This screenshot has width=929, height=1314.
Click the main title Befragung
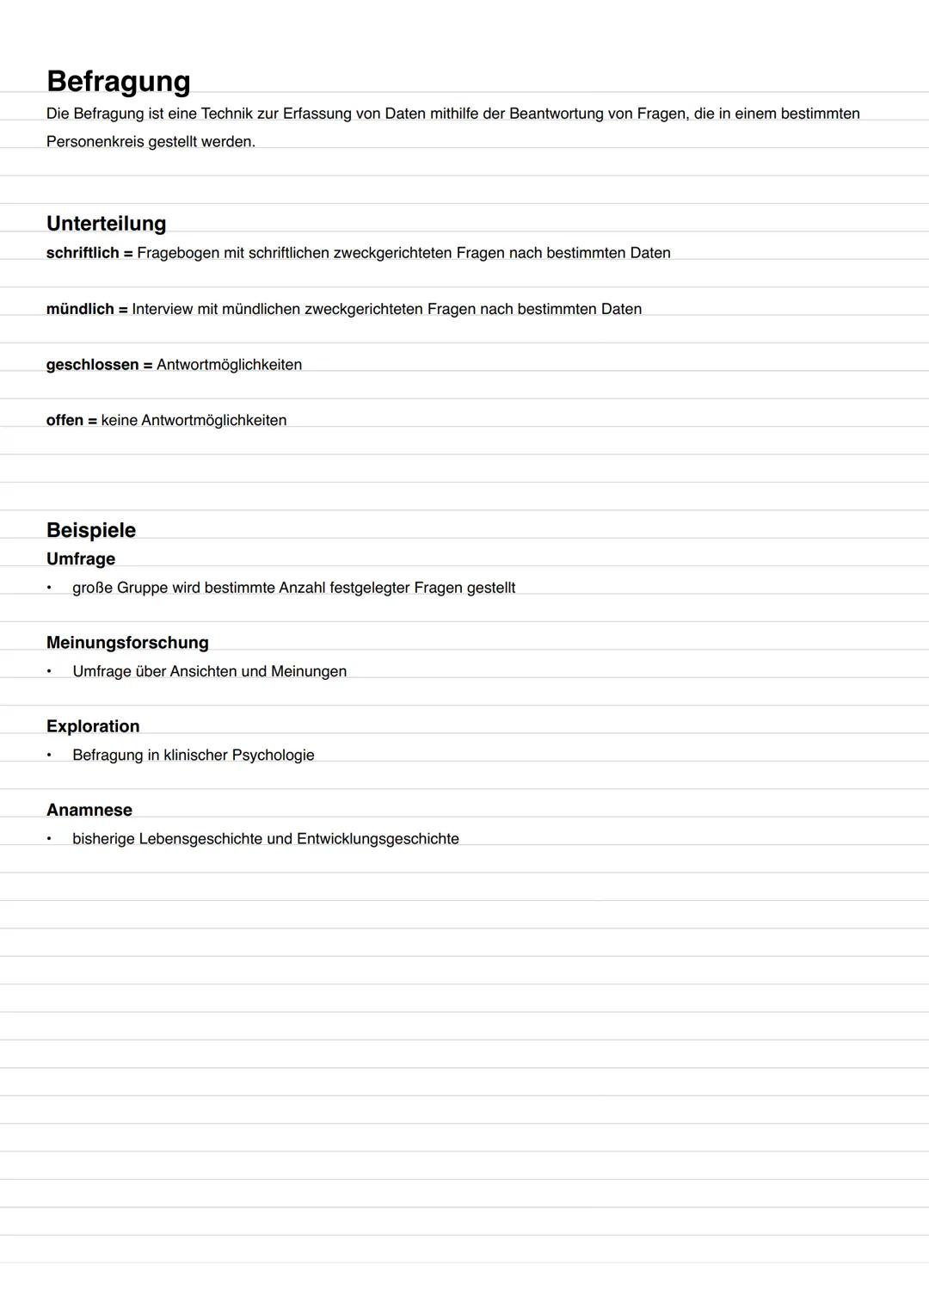pyautogui.click(x=119, y=82)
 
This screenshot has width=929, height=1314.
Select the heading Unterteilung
pyautogui.click(x=106, y=224)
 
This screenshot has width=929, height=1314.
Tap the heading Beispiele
pyautogui.click(x=91, y=530)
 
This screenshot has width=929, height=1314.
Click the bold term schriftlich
pyautogui.click(x=83, y=253)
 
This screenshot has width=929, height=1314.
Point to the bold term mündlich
pyautogui.click(x=80, y=309)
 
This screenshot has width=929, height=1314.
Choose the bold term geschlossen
pyautogui.click(x=92, y=365)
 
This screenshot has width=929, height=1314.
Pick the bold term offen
pyautogui.click(x=65, y=421)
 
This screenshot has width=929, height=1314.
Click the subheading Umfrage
pyautogui.click(x=81, y=559)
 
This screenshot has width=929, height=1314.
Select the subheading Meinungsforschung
pyautogui.click(x=127, y=643)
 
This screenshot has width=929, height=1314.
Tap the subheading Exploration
pyautogui.click(x=93, y=726)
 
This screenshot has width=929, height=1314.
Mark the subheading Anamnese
pyautogui.click(x=89, y=810)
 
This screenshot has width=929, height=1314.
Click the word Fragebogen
pyautogui.click(x=178, y=253)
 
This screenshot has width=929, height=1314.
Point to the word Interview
pyautogui.click(x=163, y=309)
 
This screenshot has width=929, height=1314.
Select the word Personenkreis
pyautogui.click(x=95, y=141)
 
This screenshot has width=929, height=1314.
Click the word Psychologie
pyautogui.click(x=273, y=756)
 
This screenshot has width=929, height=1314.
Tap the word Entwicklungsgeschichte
pyautogui.click(x=378, y=839)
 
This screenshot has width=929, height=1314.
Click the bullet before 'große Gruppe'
pyautogui.click(x=50, y=588)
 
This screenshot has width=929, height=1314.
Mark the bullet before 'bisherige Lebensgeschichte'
pyautogui.click(x=50, y=839)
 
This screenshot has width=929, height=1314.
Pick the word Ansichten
pyautogui.click(x=203, y=671)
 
